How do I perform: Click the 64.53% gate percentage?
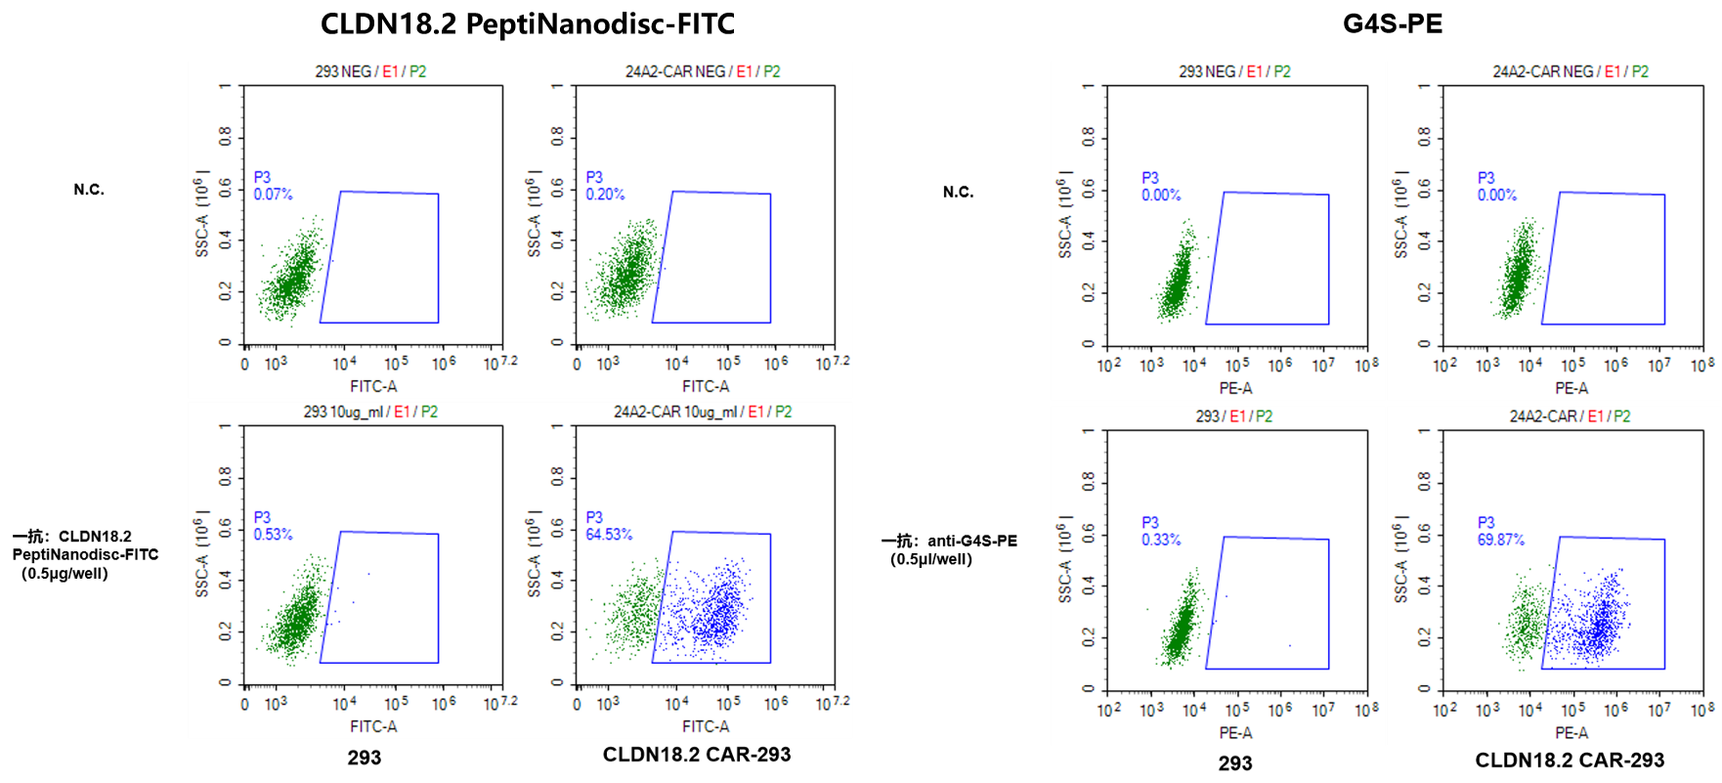(x=609, y=535)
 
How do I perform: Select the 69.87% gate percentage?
(x=1501, y=540)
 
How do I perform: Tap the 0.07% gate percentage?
(x=273, y=195)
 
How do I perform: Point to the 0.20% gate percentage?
(x=605, y=195)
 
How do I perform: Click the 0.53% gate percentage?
(x=273, y=535)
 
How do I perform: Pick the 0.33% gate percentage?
(x=1161, y=540)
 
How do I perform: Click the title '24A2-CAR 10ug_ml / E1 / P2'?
(x=702, y=412)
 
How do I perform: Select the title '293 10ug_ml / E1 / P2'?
(x=370, y=412)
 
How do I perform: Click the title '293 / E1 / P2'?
(x=1233, y=416)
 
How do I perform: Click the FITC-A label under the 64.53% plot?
(x=706, y=726)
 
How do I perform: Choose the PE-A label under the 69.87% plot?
(x=1571, y=732)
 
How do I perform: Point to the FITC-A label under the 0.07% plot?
(x=373, y=386)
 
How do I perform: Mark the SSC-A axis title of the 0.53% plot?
(x=202, y=553)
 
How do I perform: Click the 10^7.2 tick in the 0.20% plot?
(x=832, y=364)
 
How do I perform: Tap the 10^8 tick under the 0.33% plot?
(x=1366, y=710)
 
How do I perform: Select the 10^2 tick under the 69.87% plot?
(x=1444, y=710)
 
